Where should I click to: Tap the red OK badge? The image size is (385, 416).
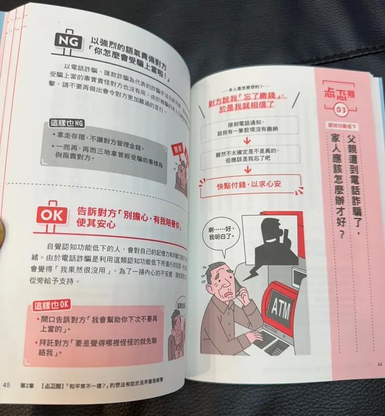53,213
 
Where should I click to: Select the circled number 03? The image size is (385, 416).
341,110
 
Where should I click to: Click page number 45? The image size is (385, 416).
7,385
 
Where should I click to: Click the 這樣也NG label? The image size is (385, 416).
68,123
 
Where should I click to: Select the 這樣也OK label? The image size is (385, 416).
52,305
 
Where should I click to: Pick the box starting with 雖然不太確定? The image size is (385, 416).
249,155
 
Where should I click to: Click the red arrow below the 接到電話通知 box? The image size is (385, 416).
249,141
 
